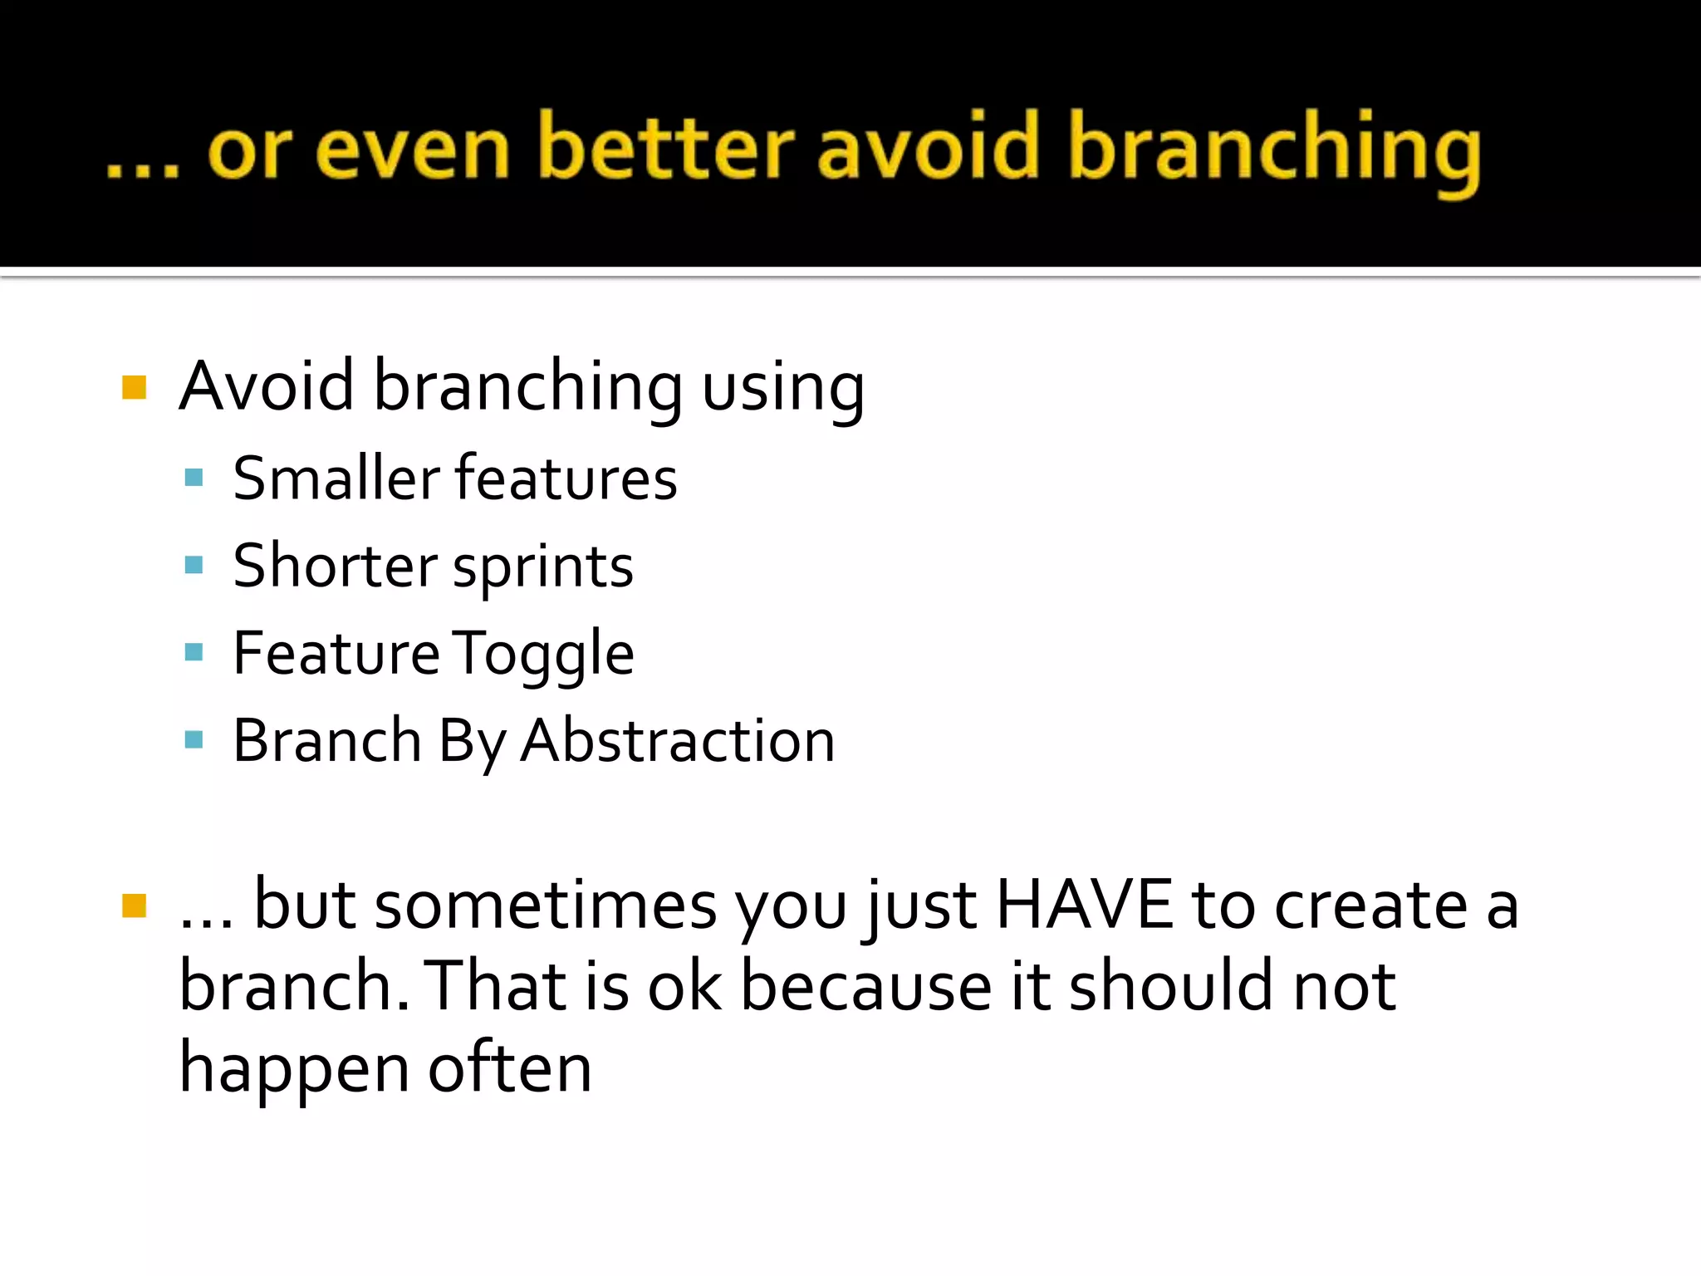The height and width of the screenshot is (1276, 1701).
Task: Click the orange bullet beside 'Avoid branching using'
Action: pyautogui.click(x=134, y=388)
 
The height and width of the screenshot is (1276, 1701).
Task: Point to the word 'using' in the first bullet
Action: pyautogui.click(x=782, y=388)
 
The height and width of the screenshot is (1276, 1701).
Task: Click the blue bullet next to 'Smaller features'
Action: pyautogui.click(x=194, y=478)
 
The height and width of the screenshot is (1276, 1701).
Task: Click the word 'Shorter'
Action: pyautogui.click(x=335, y=566)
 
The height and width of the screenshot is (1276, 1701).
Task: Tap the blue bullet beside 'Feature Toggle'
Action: pyautogui.click(x=194, y=652)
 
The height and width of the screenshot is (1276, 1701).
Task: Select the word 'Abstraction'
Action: pyautogui.click(x=678, y=740)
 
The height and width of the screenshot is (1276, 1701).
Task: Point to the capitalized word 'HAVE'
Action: pyautogui.click(x=1084, y=905)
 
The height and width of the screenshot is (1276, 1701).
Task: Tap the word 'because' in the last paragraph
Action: pyautogui.click(x=866, y=986)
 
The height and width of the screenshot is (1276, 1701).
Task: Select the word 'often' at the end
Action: pyautogui.click(x=510, y=1068)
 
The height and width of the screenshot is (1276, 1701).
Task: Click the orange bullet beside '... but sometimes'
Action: pyautogui.click(x=134, y=905)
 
